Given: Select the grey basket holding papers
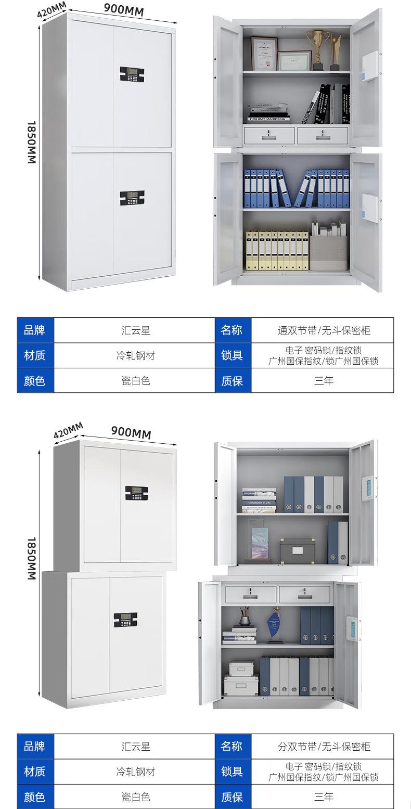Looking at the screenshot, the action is click(x=329, y=252).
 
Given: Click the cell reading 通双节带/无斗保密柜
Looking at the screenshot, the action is click(x=324, y=330).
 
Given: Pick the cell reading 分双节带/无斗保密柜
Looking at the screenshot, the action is click(x=324, y=747).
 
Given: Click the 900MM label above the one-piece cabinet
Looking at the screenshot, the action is click(x=124, y=9).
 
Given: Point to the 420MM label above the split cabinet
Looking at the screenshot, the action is click(x=68, y=430).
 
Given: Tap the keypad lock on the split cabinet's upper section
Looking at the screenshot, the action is click(x=136, y=493).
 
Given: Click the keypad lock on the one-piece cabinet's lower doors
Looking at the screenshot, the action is click(x=132, y=198).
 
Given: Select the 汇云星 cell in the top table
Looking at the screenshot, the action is click(x=135, y=330).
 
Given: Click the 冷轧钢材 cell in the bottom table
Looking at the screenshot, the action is click(x=135, y=772).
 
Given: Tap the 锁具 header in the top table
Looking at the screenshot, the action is click(x=233, y=355).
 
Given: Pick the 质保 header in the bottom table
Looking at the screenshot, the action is click(x=233, y=797).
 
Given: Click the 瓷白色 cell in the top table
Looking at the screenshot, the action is click(x=135, y=381).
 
